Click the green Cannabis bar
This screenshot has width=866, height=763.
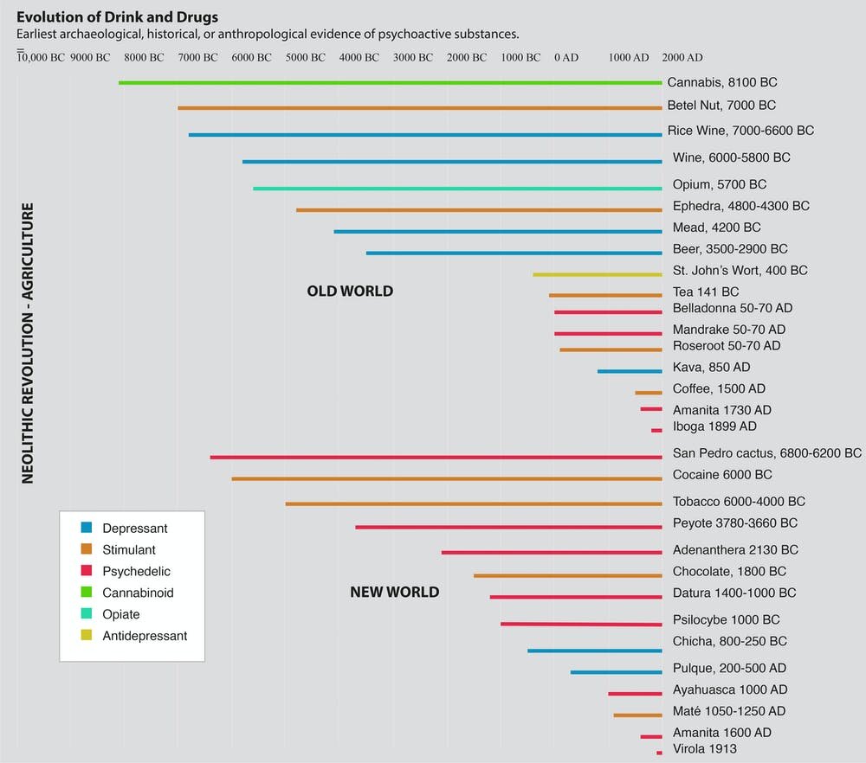(390, 83)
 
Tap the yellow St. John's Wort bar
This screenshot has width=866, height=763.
(598, 274)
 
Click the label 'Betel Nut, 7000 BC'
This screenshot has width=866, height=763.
(721, 106)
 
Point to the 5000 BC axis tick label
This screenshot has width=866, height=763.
(306, 58)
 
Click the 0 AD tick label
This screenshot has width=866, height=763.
(566, 58)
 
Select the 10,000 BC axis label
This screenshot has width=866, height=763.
(41, 58)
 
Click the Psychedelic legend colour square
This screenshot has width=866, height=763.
(87, 571)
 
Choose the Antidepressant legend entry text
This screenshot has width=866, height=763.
(145, 636)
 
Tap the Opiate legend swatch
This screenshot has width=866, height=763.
(87, 614)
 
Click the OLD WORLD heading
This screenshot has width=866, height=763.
(350, 292)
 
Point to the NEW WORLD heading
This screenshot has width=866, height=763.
(394, 593)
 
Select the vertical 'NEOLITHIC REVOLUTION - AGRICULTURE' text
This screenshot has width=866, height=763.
(29, 343)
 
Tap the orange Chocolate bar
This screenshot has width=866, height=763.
(567, 575)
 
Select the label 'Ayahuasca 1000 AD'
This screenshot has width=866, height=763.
(729, 690)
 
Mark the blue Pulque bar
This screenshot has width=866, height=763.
(616, 671)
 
